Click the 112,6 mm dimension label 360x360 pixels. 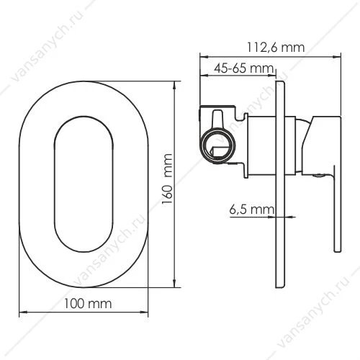(x=276, y=48)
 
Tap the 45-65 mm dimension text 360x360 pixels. (x=244, y=68)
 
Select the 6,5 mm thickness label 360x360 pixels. (x=251, y=210)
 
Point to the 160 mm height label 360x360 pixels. (x=167, y=179)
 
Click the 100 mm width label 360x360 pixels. (x=88, y=304)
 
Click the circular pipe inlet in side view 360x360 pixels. (x=218, y=145)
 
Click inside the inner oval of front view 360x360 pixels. (x=84, y=184)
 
